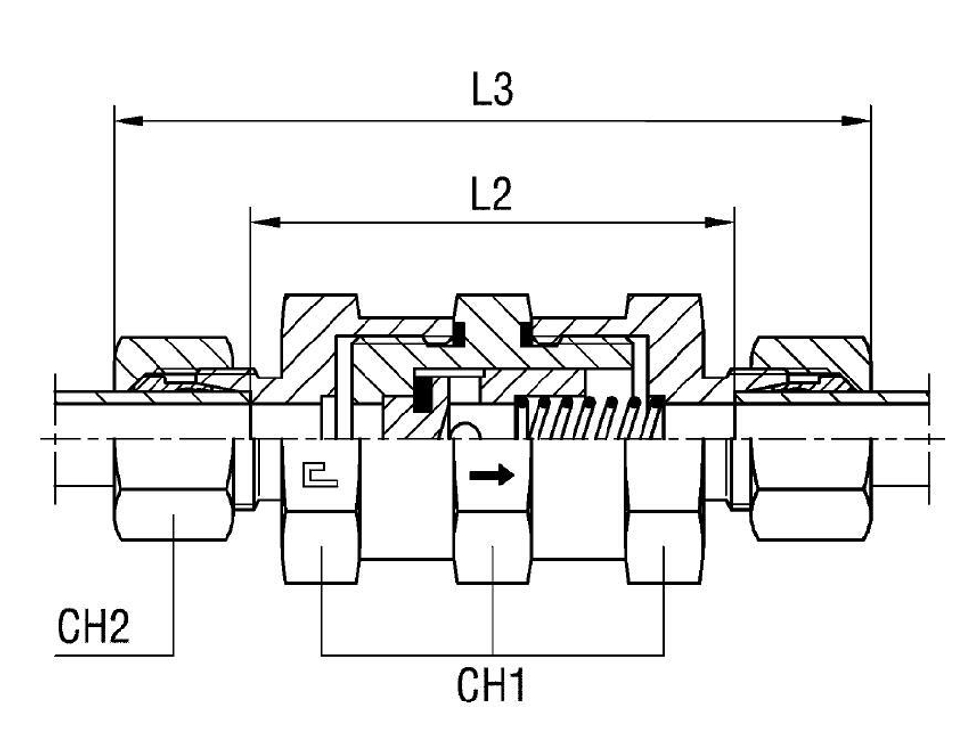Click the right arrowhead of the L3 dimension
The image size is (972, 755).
856,122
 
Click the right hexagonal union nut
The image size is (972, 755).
812,486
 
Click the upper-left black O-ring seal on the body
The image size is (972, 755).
444,338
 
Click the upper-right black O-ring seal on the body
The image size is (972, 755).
531,338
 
